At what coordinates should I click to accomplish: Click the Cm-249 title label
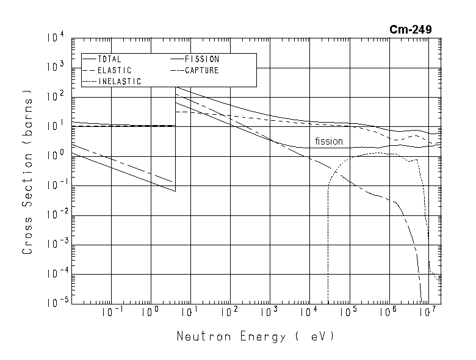click(412, 29)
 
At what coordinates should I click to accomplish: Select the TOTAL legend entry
click(110, 60)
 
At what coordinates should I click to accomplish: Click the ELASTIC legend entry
click(114, 71)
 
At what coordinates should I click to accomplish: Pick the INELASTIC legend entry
click(119, 82)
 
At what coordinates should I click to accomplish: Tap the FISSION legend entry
click(202, 60)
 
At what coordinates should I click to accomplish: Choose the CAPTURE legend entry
click(202, 71)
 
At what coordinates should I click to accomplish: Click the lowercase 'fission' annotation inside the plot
click(329, 142)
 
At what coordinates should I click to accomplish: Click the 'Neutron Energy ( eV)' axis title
click(256, 336)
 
